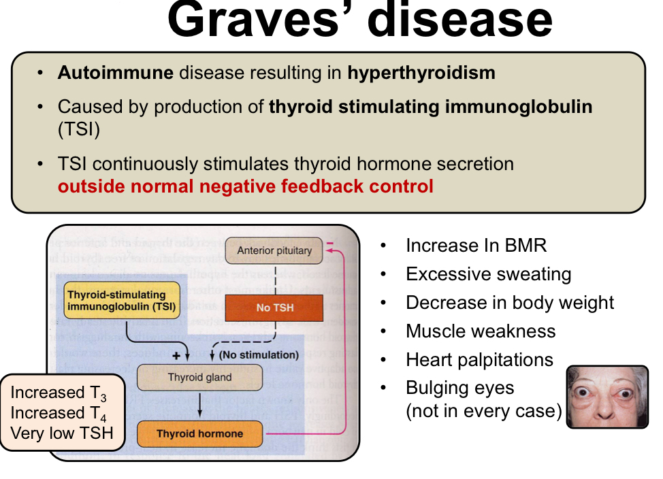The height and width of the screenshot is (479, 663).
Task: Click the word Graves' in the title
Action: tap(259, 20)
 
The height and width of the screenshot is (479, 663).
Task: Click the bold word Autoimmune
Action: tap(115, 73)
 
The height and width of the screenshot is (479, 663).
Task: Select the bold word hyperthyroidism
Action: tap(421, 73)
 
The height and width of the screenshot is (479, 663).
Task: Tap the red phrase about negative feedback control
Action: tap(245, 186)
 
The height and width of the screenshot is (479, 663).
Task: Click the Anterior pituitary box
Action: tap(274, 250)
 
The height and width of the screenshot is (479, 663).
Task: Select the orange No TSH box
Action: tap(274, 308)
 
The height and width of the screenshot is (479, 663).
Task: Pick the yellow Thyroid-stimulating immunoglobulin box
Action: tap(121, 301)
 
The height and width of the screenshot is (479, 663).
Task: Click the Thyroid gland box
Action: tap(199, 377)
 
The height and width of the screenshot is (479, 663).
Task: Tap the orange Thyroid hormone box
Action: tap(199, 433)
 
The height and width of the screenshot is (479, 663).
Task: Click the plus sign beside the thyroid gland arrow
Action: tap(176, 355)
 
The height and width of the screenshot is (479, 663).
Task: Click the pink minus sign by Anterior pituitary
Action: tap(331, 243)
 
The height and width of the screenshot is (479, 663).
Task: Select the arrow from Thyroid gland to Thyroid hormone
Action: tap(199, 406)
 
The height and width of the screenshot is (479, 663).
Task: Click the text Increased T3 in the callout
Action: tap(58, 393)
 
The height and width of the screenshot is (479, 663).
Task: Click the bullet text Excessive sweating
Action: tap(488, 274)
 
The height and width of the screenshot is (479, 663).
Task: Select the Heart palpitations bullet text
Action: tap(479, 359)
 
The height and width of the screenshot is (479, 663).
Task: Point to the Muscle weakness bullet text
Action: tap(481, 331)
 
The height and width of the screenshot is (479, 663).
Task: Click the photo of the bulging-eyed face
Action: tap(607, 397)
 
